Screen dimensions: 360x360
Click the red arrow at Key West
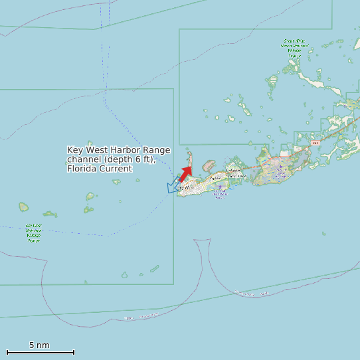tap(185, 173)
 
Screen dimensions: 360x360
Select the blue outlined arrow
tap(173, 185)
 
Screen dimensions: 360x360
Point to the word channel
tap(84, 159)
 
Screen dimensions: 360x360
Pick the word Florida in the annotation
tap(82, 169)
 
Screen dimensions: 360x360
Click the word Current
tap(116, 169)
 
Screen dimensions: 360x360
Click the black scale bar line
tap(40, 352)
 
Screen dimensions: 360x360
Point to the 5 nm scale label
tap(39, 345)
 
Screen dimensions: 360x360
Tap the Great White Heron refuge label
tap(294, 48)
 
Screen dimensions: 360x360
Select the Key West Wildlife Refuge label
tap(33, 233)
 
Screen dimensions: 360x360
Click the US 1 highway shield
tap(315, 143)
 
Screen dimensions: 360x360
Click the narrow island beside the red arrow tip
tap(190, 158)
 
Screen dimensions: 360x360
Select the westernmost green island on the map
tap(24, 207)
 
